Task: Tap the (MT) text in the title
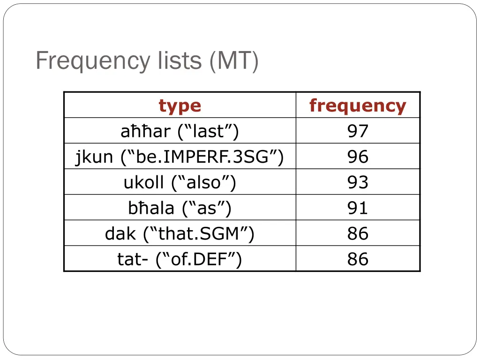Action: [234, 61]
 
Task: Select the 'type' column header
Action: [180, 105]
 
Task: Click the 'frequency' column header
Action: [358, 105]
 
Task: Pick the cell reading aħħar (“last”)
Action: [180, 131]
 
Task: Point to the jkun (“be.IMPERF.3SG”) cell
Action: [180, 157]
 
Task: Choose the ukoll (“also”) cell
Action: [180, 182]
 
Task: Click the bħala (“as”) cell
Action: [180, 208]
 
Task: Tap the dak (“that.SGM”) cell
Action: [180, 233]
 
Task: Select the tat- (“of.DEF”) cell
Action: [180, 259]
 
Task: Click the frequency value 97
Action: [358, 131]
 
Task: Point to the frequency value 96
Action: [358, 157]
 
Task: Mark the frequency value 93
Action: [358, 182]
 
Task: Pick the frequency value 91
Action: [358, 208]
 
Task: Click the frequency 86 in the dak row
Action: [358, 233]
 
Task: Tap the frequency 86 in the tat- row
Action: [358, 259]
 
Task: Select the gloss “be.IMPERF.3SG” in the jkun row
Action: [202, 157]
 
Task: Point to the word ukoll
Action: [143, 182]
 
